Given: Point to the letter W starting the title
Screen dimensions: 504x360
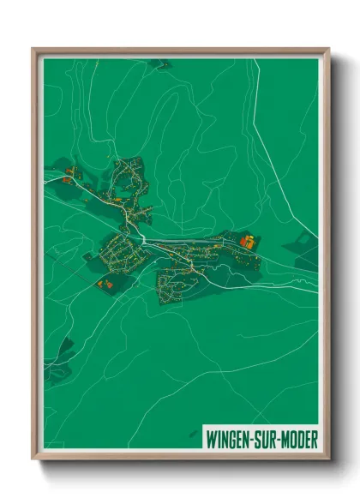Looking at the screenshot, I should [x=211, y=438].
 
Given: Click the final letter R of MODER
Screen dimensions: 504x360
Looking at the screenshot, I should [x=313, y=438].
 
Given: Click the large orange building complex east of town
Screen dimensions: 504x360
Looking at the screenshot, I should [x=247, y=243].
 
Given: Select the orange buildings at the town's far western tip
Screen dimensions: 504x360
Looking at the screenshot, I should [x=71, y=171].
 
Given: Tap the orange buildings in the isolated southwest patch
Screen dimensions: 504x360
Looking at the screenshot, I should [x=105, y=282].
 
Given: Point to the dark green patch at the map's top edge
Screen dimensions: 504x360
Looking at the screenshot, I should [x=159, y=63].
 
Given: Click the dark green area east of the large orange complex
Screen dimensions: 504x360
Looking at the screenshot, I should [x=302, y=244].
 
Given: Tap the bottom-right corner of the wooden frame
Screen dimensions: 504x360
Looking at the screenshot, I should [x=327, y=459].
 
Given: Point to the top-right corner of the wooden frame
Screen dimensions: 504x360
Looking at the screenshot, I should [x=327, y=50].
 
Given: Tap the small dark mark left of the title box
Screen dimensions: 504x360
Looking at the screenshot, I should [x=195, y=435].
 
